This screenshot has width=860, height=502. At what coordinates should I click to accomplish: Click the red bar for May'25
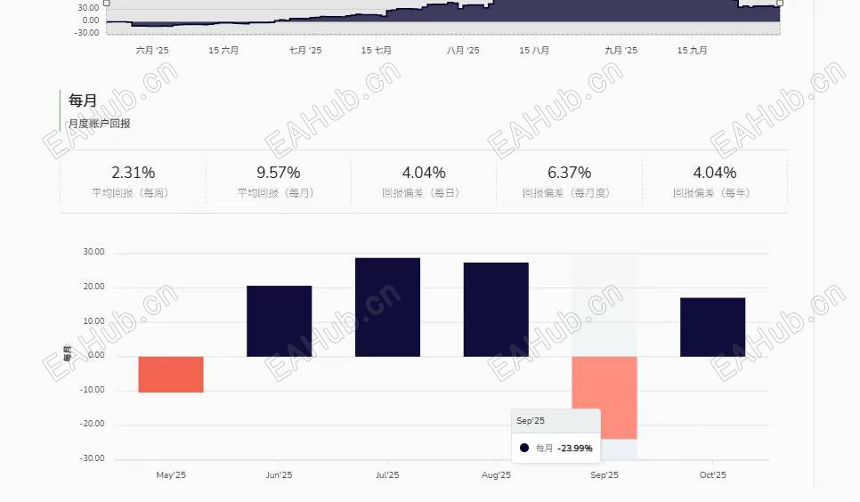(171, 374)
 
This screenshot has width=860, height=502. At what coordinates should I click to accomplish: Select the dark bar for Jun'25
(279, 320)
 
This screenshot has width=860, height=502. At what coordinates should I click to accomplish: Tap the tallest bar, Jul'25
(387, 307)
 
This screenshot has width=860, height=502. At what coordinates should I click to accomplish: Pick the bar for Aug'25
(496, 310)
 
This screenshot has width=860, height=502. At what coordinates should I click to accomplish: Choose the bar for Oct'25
(712, 327)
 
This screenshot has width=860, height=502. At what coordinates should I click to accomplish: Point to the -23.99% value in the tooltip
(575, 449)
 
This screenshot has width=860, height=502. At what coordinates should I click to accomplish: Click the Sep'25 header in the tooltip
(531, 421)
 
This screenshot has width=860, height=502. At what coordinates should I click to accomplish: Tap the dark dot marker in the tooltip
(524, 448)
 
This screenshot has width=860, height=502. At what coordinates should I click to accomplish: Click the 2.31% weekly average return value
(133, 173)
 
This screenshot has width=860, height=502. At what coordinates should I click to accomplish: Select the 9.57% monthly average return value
(279, 173)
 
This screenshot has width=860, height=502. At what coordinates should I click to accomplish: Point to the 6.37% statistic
(570, 173)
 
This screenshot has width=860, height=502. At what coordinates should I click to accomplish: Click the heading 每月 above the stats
(83, 101)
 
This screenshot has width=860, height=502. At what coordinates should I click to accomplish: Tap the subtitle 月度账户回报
(100, 124)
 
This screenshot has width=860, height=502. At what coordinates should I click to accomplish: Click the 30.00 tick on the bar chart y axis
(93, 252)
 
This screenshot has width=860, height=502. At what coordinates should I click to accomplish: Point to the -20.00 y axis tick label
(93, 425)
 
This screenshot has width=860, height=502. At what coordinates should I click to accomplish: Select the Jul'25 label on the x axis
(387, 475)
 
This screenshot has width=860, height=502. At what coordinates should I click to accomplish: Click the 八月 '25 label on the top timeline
(463, 51)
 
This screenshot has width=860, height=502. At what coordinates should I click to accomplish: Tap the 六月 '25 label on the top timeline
(152, 51)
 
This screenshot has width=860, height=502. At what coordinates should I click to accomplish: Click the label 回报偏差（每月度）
(570, 193)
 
